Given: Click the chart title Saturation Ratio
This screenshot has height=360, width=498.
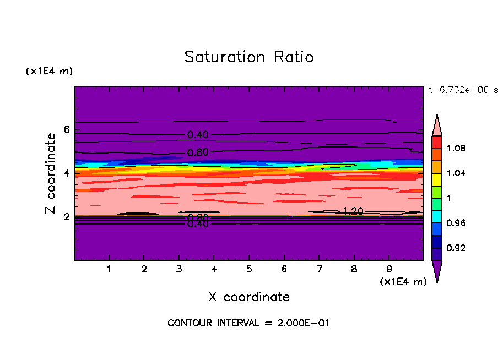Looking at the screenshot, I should (x=249, y=57).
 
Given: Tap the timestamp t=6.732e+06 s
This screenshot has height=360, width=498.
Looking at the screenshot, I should (x=463, y=90).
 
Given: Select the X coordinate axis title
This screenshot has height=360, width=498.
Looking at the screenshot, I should (x=249, y=297).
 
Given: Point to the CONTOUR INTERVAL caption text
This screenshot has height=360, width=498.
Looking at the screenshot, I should (x=248, y=323).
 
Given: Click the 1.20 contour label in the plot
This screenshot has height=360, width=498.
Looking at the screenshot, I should (x=352, y=211).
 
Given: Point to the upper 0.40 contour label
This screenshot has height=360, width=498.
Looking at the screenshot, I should (x=198, y=135).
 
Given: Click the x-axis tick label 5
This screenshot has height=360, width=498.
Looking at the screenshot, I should (x=249, y=270).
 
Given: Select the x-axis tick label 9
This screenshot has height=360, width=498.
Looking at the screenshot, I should (x=389, y=270).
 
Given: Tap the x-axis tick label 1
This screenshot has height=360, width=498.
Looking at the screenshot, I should (x=109, y=270).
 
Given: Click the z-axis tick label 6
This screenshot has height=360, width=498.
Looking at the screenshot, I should (x=67, y=129).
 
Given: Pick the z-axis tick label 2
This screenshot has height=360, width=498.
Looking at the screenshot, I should (x=67, y=216).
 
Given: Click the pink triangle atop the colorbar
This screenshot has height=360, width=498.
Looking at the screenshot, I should (x=437, y=126).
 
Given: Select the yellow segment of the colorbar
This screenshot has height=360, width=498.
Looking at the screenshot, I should (x=437, y=179).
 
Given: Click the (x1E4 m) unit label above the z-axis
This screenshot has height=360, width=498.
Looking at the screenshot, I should (x=49, y=72).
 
